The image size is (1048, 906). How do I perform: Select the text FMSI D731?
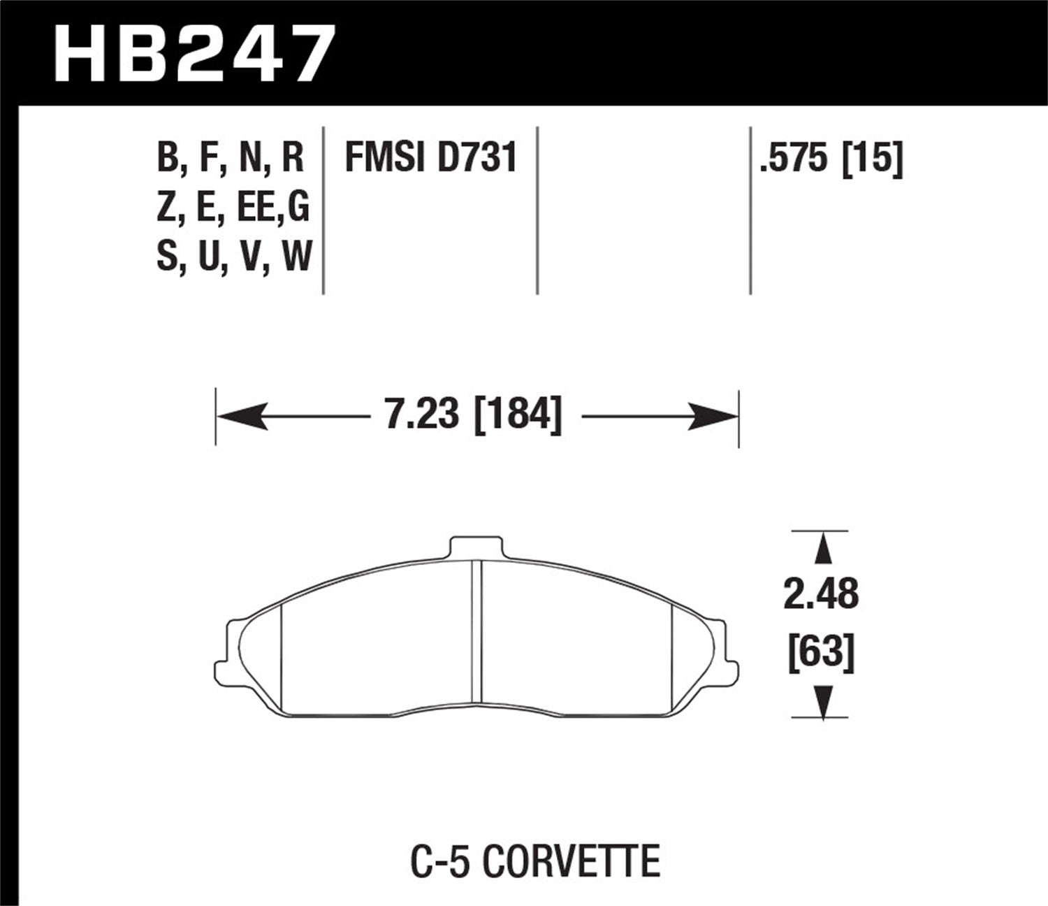(430, 157)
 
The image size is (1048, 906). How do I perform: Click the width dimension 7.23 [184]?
(473, 417)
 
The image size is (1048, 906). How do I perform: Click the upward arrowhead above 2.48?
(824, 549)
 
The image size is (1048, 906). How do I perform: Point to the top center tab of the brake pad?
(476, 547)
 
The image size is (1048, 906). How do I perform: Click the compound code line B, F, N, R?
(230, 157)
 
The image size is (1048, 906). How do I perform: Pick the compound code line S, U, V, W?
(233, 257)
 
